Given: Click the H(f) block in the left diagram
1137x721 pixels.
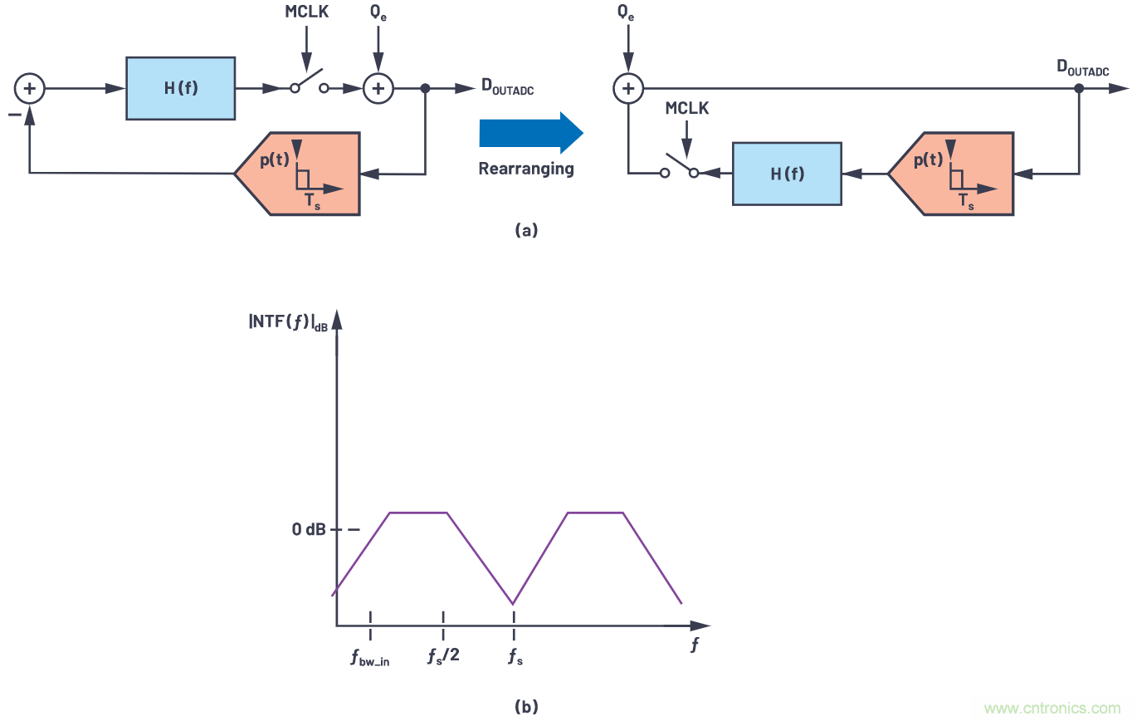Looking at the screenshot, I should [x=180, y=88].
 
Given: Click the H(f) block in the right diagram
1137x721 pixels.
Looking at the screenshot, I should [x=786, y=173].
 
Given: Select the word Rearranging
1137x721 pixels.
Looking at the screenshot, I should [x=525, y=169].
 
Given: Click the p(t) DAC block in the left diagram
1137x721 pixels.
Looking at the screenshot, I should [x=296, y=173].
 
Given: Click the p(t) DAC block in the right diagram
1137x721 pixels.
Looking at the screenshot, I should [x=949, y=173].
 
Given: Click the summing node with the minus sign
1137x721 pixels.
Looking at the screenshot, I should [x=30, y=88].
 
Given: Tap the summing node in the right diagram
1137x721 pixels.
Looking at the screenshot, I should [x=628, y=88].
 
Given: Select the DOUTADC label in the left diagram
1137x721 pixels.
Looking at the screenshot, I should [x=507, y=88].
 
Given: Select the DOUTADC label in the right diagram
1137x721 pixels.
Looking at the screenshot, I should [x=1082, y=70].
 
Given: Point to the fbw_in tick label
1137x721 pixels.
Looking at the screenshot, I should [x=370, y=659].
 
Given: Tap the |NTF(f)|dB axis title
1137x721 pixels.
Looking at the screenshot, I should [x=288, y=321].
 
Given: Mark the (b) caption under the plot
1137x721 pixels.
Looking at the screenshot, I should [x=526, y=707].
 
